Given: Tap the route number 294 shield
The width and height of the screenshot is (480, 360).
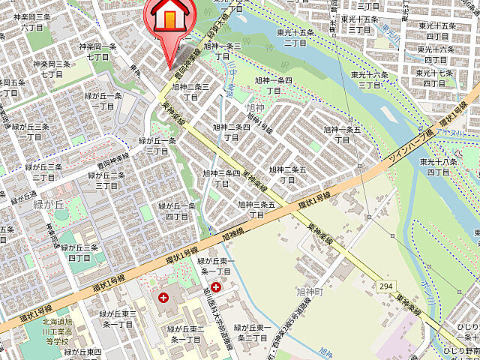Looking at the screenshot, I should pos(386,286).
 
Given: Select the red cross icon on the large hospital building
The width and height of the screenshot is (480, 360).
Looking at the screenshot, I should pos(163,298).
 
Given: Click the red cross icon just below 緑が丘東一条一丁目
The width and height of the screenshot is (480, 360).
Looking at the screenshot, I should pos(216,286).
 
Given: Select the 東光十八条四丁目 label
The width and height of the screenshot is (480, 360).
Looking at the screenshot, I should pos(439,166).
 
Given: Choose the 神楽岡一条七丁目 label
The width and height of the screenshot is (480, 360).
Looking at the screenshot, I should pos(101,51).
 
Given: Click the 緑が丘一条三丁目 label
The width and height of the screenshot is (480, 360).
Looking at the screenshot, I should pos(157,145).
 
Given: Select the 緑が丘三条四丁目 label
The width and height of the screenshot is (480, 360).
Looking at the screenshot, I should pos(79,252).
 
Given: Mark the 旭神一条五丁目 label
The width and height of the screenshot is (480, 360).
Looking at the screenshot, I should pos(341,134).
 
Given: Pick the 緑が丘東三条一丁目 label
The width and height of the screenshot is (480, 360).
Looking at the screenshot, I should pos(118,319).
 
